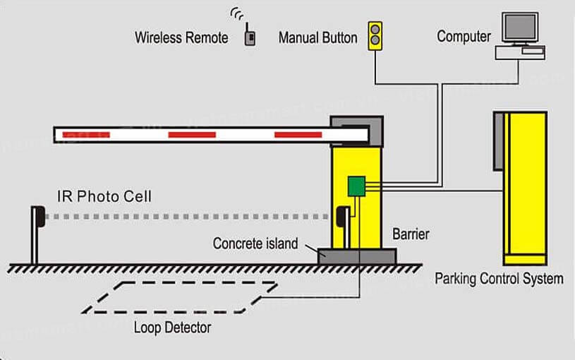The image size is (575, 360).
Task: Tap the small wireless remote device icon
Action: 249,36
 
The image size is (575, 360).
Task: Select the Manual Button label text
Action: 319,37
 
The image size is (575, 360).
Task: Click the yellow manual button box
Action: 375,36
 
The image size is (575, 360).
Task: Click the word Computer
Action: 464,36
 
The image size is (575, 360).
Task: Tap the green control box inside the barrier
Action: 357,185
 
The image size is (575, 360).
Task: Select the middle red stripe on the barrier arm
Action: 191,134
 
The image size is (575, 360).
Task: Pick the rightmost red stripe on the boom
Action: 298,134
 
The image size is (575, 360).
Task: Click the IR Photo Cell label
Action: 104,196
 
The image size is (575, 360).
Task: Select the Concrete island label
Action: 255,244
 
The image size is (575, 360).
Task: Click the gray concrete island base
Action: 357,255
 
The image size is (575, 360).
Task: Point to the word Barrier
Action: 410,234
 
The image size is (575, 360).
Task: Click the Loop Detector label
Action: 172,328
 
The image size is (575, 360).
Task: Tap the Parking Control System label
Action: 499,278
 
